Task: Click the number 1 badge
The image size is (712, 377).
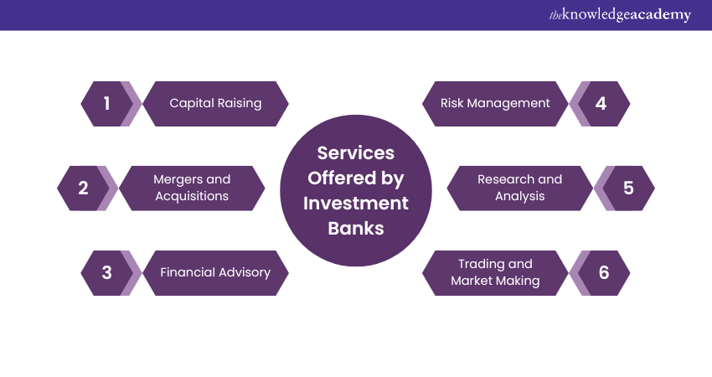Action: [x=107, y=104]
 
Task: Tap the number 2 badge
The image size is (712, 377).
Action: [x=83, y=188]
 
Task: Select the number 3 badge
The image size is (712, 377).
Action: [x=107, y=272]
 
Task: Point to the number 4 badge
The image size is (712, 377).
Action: [x=601, y=104]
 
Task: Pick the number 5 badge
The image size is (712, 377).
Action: [x=628, y=188]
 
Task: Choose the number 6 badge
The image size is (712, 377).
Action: [x=603, y=272]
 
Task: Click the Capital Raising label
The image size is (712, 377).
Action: [x=215, y=104]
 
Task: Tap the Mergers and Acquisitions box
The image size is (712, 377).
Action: [x=191, y=188]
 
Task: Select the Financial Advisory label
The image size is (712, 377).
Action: [x=215, y=272]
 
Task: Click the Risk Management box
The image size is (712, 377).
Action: [x=495, y=104]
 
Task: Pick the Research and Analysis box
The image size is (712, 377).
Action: [x=519, y=188]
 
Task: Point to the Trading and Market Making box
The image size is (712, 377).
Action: [x=495, y=272]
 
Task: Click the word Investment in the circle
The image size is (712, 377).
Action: [x=355, y=203]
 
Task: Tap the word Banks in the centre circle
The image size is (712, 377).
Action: [x=355, y=228]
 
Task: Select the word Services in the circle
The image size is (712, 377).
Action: [x=355, y=153]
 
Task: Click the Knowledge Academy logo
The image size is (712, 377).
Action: [x=620, y=15]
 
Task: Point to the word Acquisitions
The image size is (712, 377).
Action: [x=191, y=196]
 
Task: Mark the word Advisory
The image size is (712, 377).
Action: [x=241, y=272]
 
